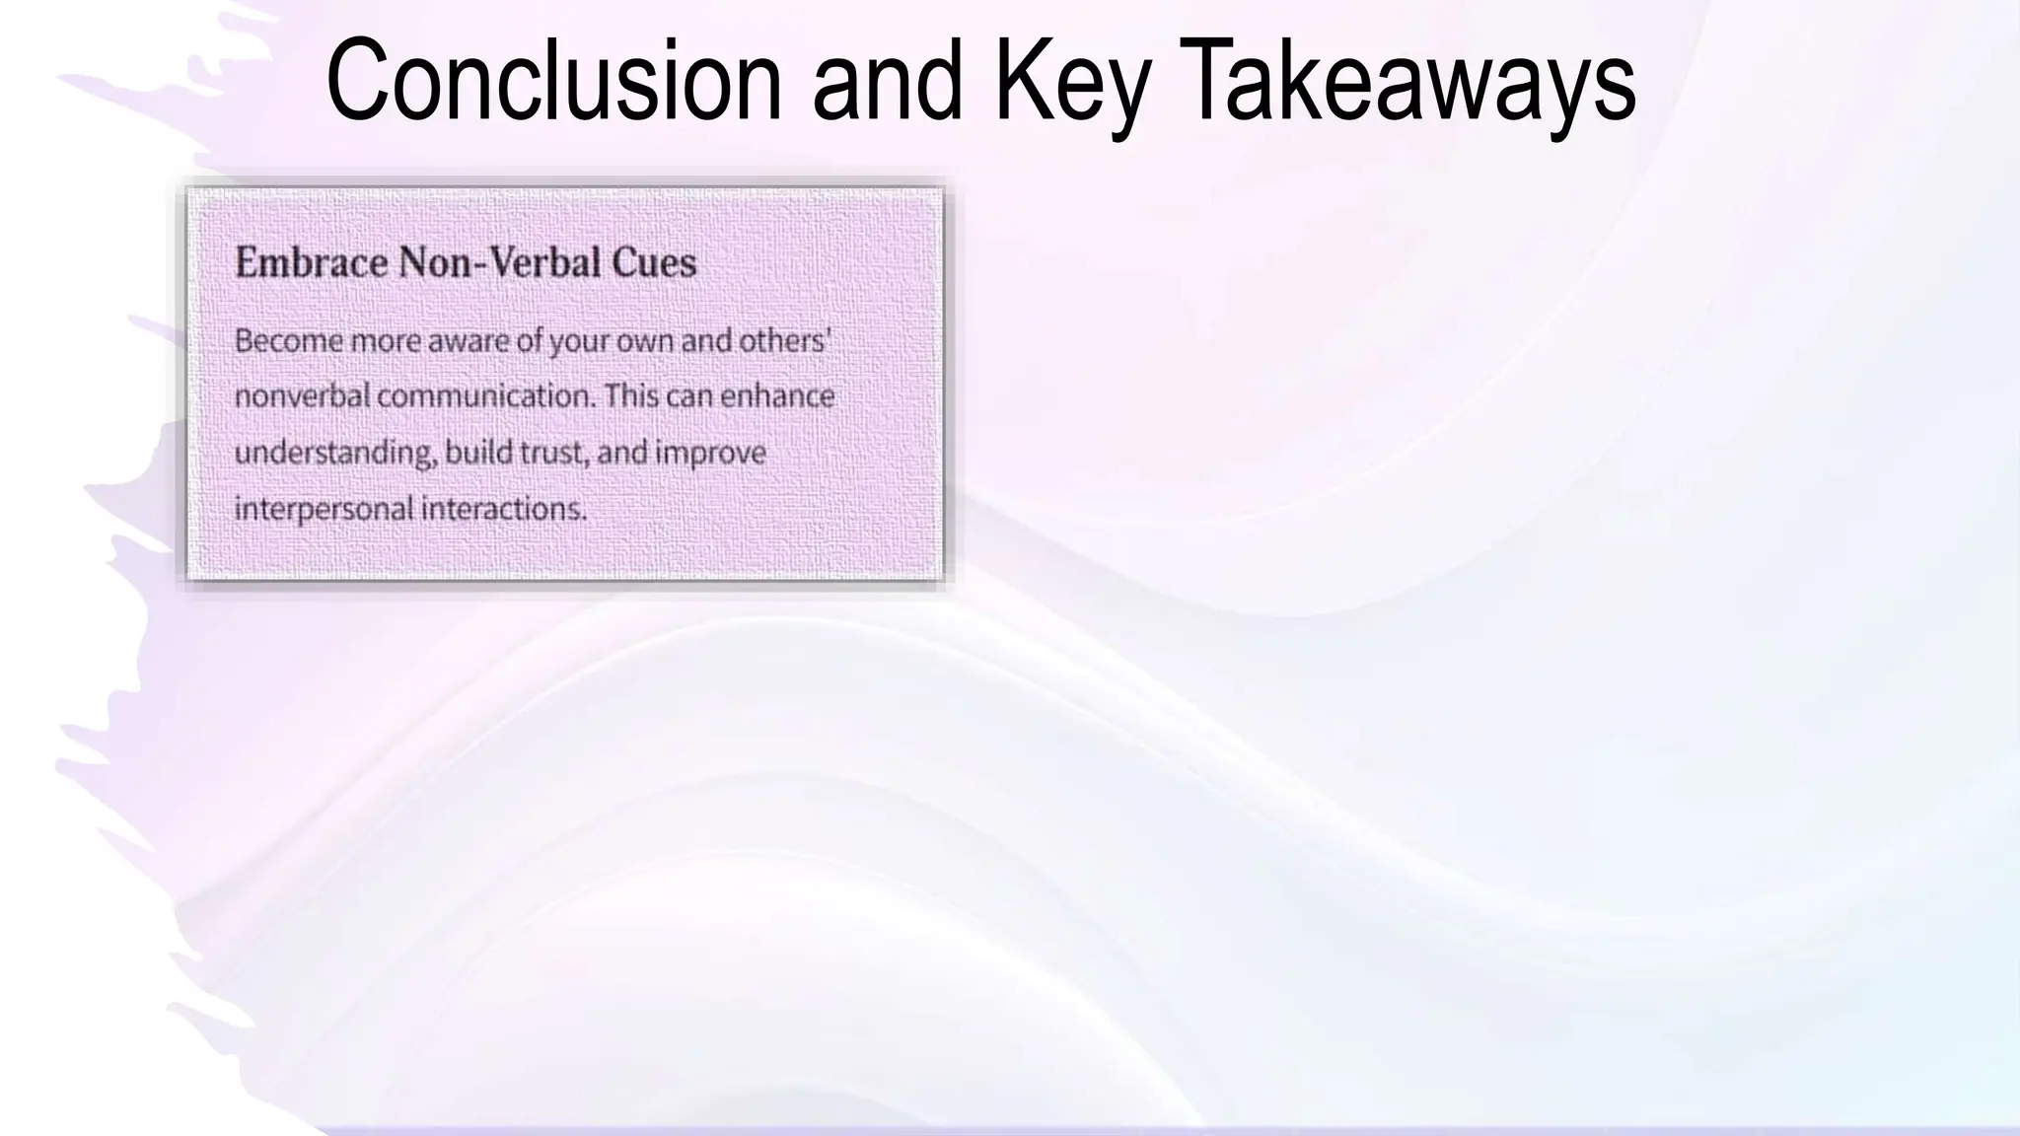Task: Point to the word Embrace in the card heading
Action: coord(311,262)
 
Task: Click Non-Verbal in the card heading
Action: coord(499,262)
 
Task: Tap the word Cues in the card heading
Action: coord(654,262)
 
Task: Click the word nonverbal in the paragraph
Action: coord(302,396)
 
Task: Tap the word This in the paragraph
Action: coord(631,396)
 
